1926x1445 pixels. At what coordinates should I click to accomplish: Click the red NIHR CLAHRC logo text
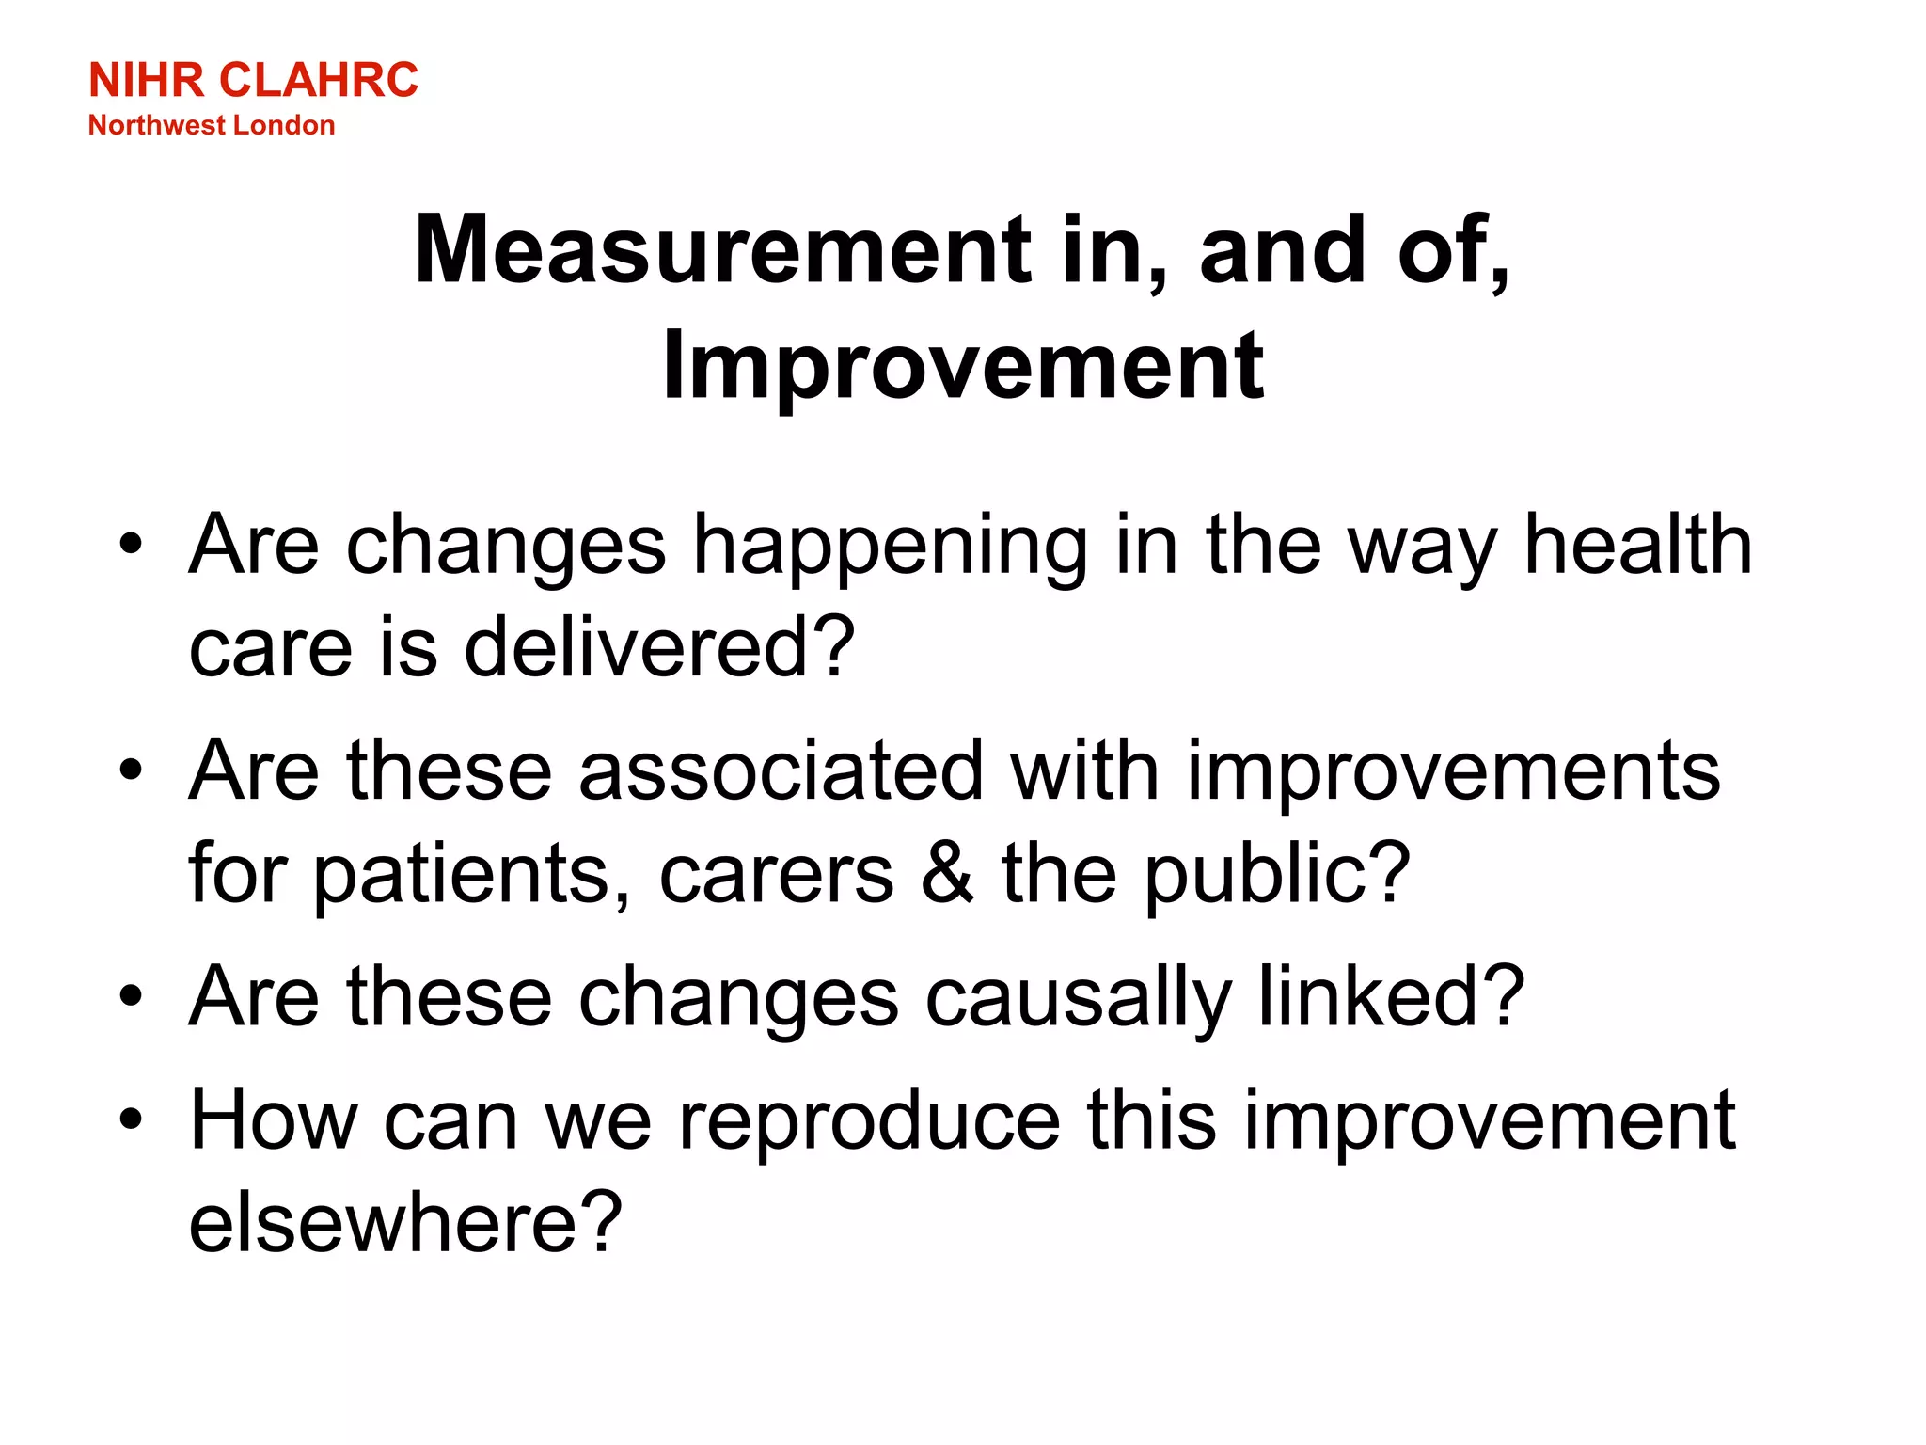253,80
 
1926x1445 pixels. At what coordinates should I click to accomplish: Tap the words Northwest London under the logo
212,125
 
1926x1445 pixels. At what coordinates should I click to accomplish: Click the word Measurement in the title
724,249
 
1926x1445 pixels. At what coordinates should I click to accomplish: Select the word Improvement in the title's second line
963,367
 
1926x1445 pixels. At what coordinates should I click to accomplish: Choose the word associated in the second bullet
781,771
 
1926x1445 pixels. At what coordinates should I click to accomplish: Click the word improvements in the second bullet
1453,771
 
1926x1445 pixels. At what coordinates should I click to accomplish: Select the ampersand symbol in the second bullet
947,873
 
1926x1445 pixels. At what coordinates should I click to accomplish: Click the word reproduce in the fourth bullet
870,1121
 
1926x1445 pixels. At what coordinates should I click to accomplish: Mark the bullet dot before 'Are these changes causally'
132,996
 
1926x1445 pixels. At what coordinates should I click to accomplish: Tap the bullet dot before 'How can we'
132,1119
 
